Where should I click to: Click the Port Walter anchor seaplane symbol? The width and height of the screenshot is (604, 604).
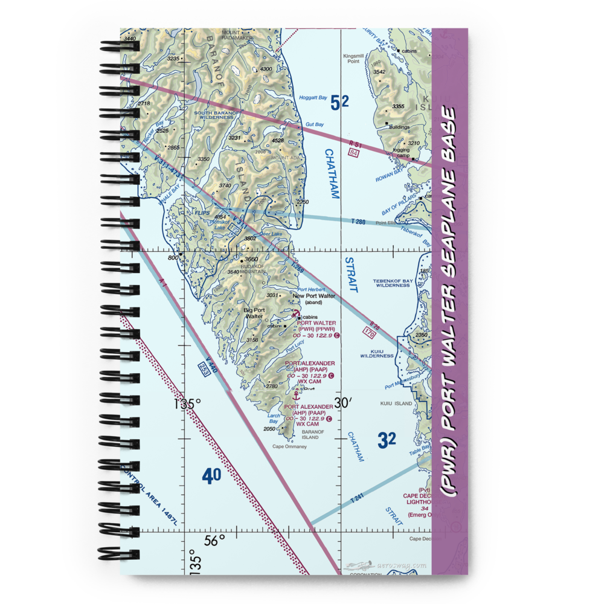pyautogui.click(x=297, y=314)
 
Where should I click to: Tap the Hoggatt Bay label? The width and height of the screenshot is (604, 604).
pyautogui.click(x=313, y=98)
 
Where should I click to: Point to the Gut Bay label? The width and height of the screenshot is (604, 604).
pyautogui.click(x=315, y=124)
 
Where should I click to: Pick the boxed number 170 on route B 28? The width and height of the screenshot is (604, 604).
pyautogui.click(x=370, y=332)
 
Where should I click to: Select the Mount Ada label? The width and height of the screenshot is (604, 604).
pyautogui.click(x=281, y=158)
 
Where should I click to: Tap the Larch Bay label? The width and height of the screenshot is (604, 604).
pyautogui.click(x=274, y=418)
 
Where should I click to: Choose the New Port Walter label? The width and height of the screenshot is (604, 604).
pyautogui.click(x=313, y=296)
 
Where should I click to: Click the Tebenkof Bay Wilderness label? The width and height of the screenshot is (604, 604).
pyautogui.click(x=393, y=283)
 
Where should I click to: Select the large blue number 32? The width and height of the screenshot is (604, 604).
pyautogui.click(x=387, y=440)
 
